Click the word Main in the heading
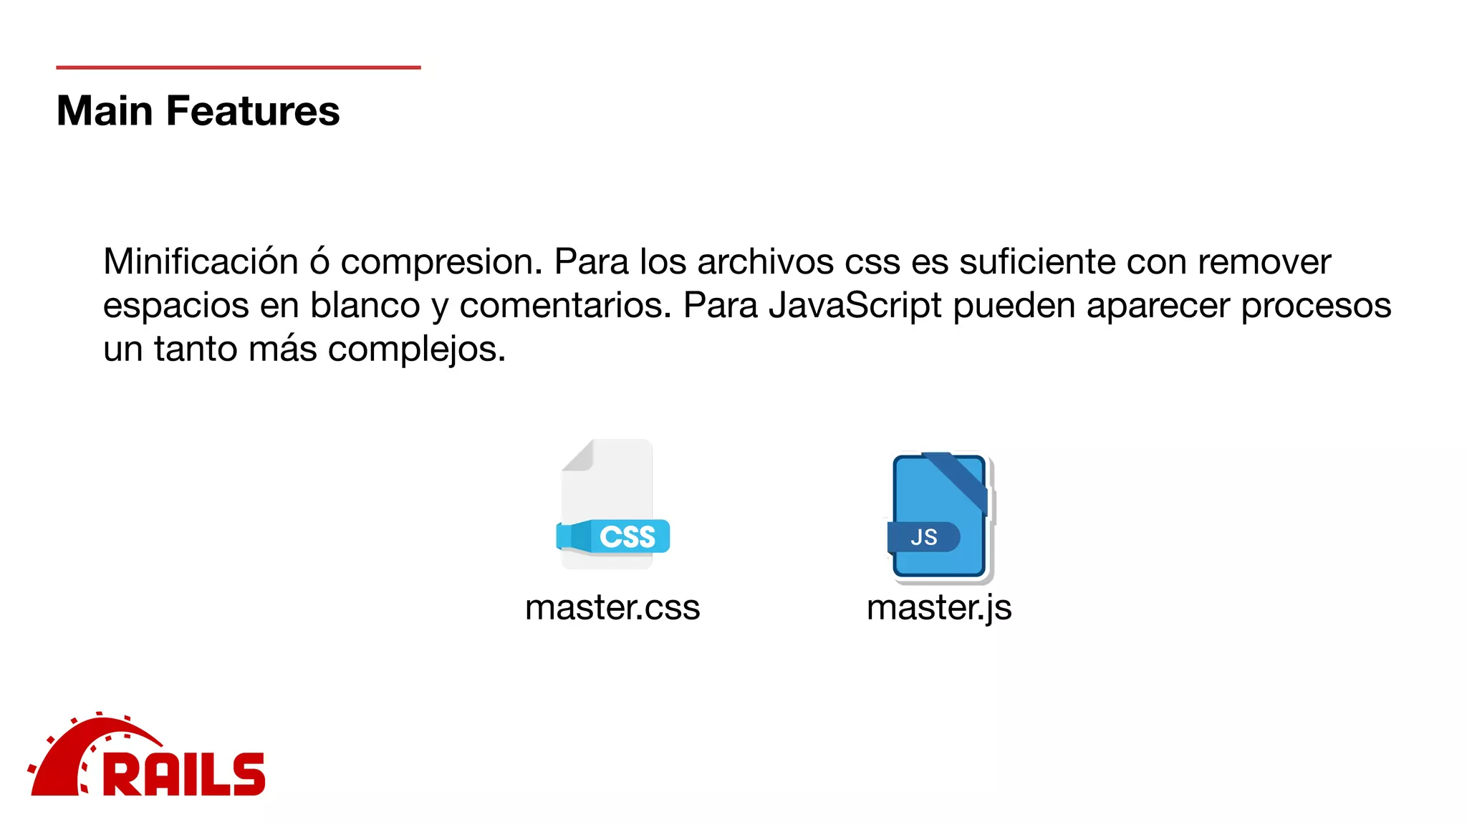pos(105,112)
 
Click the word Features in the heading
pos(253,112)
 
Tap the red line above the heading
pos(238,67)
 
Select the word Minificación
pos(201,261)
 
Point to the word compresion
pos(441,263)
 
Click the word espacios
pos(175,307)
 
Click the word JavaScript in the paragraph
pos(855,306)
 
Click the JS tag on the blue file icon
pos(924,537)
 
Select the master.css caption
pos(612,607)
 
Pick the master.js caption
pos(939,607)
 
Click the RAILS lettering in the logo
pos(185,774)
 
